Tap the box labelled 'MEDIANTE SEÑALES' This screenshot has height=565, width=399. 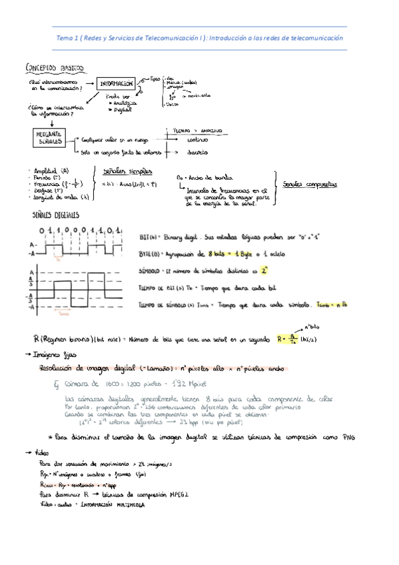[46, 136]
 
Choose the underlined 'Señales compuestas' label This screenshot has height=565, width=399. [308, 183]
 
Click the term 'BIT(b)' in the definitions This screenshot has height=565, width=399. [149, 237]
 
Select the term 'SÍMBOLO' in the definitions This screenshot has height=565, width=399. [153, 271]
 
